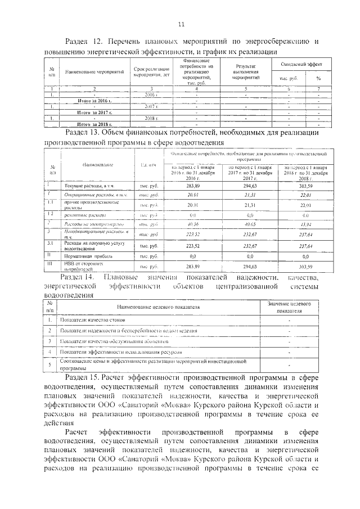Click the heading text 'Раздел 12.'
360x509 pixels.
coord(84,42)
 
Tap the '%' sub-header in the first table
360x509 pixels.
coord(318,78)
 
